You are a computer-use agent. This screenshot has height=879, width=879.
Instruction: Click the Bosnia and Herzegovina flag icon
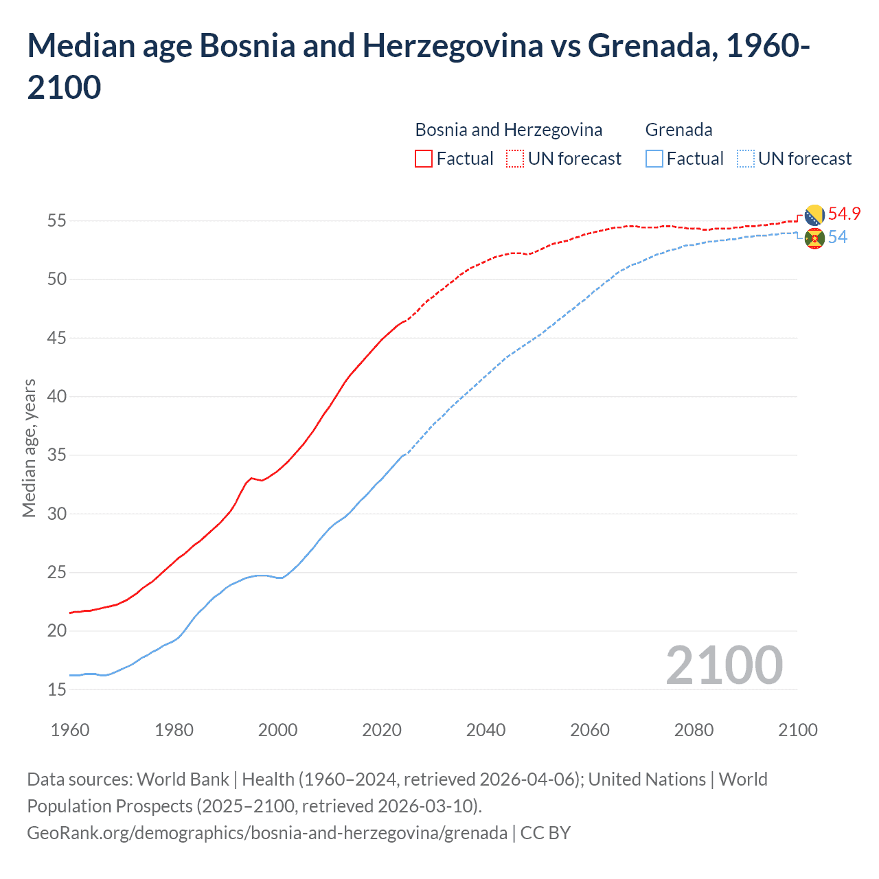coord(814,215)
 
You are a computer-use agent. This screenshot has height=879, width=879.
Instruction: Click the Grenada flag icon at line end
coord(814,239)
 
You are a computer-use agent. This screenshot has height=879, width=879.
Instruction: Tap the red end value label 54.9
coord(844,214)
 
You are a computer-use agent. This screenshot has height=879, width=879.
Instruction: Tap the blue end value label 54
coord(838,238)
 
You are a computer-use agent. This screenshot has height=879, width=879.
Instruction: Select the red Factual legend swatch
coord(424,159)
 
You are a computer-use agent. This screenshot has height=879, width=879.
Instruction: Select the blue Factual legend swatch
coord(654,159)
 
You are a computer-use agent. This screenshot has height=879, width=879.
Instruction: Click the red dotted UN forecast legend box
coord(515,159)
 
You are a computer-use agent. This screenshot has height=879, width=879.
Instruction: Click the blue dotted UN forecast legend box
coord(746,159)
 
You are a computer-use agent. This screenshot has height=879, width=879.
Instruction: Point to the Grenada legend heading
coord(678,130)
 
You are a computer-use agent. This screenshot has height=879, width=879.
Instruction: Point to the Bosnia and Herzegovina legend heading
coord(508,130)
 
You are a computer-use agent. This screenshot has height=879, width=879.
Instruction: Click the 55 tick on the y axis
coord(56,221)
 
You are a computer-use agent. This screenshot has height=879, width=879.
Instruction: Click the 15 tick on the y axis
coord(56,689)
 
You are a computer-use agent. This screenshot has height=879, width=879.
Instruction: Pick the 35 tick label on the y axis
coord(56,455)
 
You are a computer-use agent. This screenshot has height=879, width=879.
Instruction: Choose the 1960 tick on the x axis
coord(70,730)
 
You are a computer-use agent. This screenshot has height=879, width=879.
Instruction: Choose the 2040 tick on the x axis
coord(486,730)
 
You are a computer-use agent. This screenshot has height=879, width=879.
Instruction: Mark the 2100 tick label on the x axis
coord(797,730)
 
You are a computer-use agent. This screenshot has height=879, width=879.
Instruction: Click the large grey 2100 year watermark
coord(724,665)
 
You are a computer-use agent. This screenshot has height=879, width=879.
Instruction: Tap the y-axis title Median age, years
coord(29,448)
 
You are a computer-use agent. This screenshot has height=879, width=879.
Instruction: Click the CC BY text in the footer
coord(545,833)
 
